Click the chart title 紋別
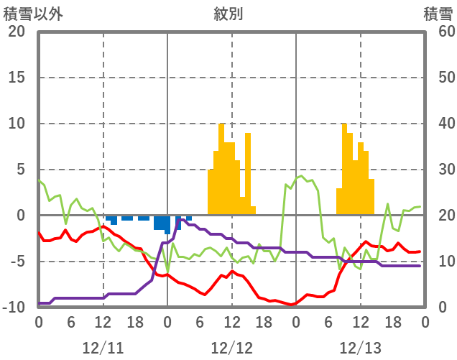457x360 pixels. click(x=228, y=13)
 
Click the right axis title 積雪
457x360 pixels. click(x=438, y=13)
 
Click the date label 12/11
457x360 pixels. click(x=103, y=348)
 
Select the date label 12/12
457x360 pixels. click(x=231, y=348)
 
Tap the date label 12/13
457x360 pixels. click(x=361, y=348)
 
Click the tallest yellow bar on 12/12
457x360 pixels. click(x=221, y=169)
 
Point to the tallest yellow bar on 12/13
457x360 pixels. click(x=344, y=169)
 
